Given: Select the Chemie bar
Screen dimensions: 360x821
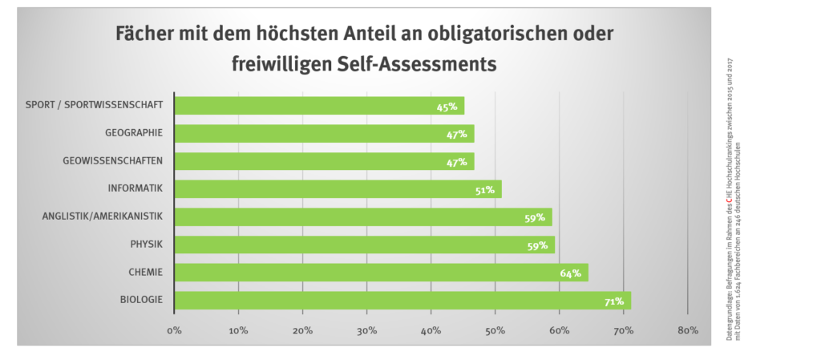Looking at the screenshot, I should coord(381,273).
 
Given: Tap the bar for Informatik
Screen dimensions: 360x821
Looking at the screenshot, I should coord(338,189).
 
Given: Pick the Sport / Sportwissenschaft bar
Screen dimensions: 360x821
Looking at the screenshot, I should coord(319,106).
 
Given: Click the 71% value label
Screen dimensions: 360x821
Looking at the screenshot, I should coord(614,301).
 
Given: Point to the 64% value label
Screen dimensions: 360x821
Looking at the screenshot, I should coord(571,273).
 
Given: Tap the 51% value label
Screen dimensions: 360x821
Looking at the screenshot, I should coord(483,190).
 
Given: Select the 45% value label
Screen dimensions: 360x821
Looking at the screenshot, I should coord(447,107).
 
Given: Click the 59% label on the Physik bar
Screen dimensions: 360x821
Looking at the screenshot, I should coord(537,245).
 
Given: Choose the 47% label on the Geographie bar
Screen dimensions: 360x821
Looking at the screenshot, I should coord(457,134).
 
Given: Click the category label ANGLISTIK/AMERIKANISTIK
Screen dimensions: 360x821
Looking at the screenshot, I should coord(103,216).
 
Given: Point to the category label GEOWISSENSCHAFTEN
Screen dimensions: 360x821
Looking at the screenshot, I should coord(113,161).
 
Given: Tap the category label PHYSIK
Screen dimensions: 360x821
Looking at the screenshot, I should coord(147,245).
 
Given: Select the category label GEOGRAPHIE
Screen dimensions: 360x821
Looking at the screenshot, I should coord(134,133).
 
